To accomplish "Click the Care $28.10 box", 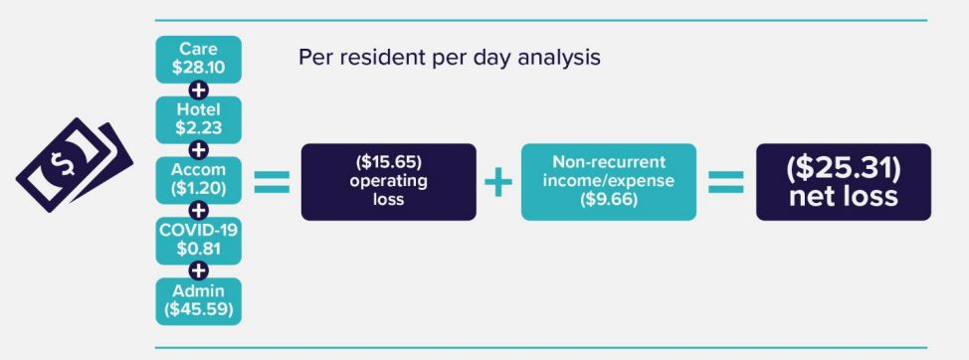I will (x=198, y=59).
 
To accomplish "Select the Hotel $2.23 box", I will (x=198, y=119).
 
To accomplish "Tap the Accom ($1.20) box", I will (x=198, y=180).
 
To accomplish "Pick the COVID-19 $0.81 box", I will (x=198, y=240).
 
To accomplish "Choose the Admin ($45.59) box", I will (x=198, y=300).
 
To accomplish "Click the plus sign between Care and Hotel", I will (x=198, y=90).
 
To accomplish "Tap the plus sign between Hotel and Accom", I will (x=198, y=150).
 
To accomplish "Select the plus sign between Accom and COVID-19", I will (x=198, y=210).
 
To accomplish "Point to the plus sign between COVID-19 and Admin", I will (x=198, y=270).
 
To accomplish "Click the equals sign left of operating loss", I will (x=272, y=182).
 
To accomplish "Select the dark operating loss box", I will (x=388, y=182).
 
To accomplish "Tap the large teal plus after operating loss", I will (x=498, y=182).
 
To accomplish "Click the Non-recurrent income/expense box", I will (x=608, y=182).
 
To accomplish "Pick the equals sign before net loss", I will (x=725, y=182).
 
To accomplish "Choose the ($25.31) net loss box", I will (x=844, y=182).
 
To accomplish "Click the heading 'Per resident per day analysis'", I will (x=450, y=57).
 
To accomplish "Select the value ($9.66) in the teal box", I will (x=608, y=200).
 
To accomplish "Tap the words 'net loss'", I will (x=844, y=197).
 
